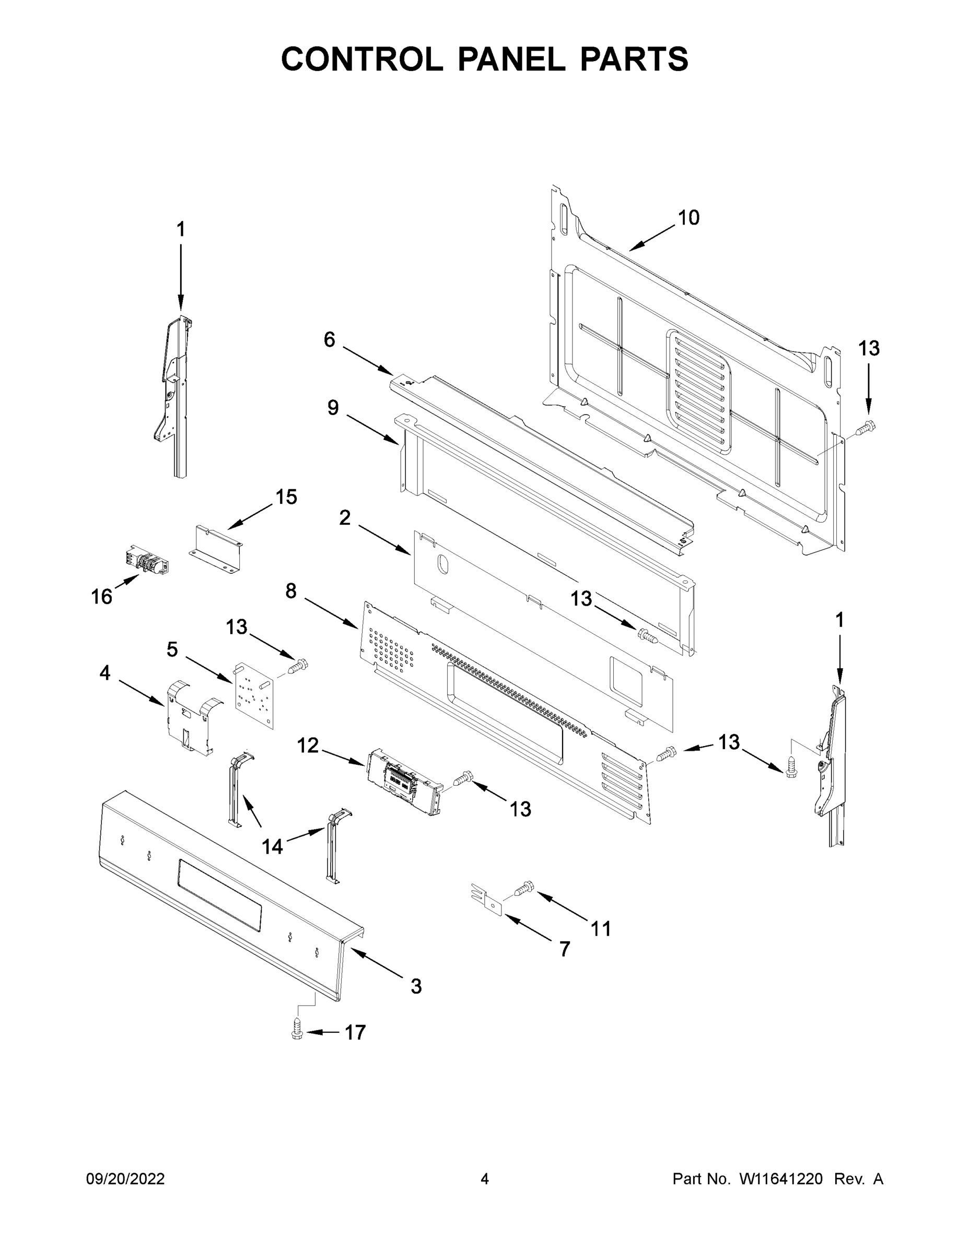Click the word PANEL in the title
[511, 59]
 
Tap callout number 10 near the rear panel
[689, 218]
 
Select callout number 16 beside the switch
[102, 597]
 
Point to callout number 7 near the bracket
[565, 950]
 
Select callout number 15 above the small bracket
[286, 497]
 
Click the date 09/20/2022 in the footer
[125, 1179]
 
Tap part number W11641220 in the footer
[781, 1179]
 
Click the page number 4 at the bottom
[485, 1179]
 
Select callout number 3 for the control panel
[416, 986]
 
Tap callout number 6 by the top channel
[329, 340]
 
